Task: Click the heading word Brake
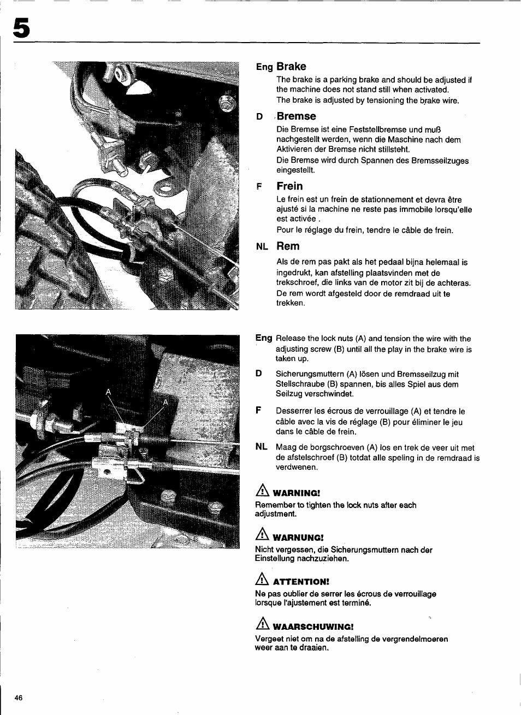(x=291, y=67)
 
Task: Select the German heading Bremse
(x=296, y=116)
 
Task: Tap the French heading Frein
(x=289, y=186)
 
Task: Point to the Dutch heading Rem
(x=288, y=246)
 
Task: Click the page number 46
(x=19, y=698)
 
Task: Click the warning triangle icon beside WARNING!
(x=263, y=491)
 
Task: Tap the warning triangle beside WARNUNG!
(x=263, y=535)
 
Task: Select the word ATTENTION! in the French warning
(x=301, y=582)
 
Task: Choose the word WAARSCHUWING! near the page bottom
(x=313, y=627)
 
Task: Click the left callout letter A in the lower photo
(x=108, y=392)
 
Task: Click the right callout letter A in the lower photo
(x=166, y=402)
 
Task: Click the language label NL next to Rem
(x=262, y=247)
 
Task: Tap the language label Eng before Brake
(x=264, y=67)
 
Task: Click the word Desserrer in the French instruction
(x=293, y=411)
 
